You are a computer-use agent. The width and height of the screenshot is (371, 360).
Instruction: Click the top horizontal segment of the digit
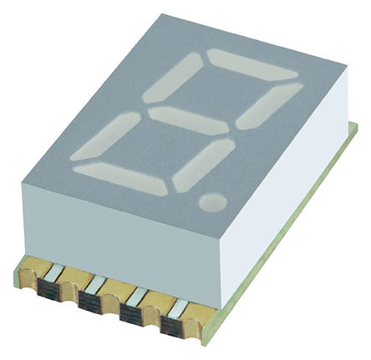pos(252,65)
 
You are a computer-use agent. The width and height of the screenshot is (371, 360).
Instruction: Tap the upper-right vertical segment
pos(269,105)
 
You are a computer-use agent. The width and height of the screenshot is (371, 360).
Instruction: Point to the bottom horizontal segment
pos(120,178)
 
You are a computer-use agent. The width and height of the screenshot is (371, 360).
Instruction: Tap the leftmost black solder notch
pos(48,292)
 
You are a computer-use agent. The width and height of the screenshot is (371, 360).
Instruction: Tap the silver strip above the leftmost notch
pos(51,273)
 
